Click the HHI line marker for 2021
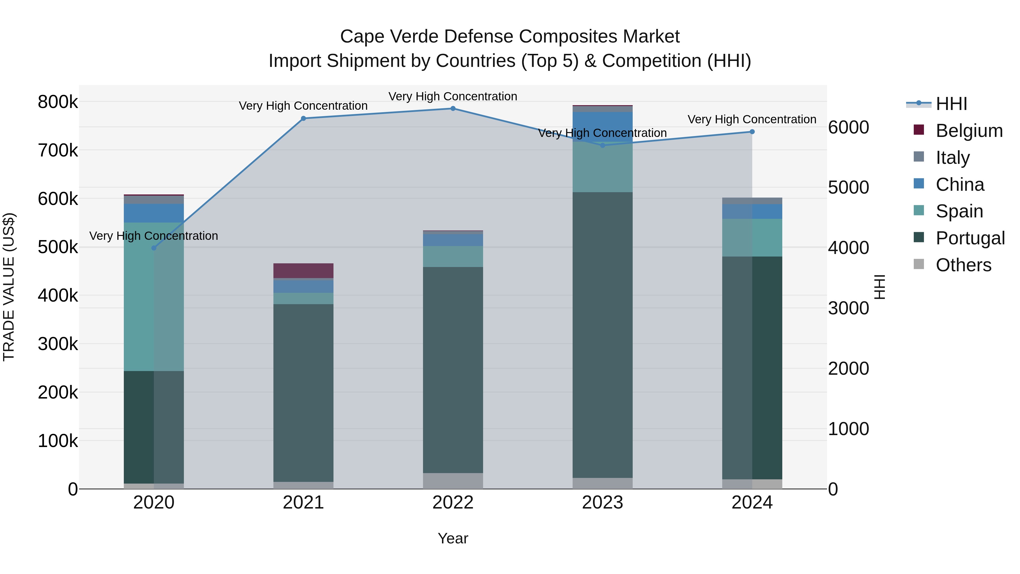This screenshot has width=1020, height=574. [x=303, y=118]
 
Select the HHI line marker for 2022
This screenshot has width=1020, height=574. [x=453, y=109]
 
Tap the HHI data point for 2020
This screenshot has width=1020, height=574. [x=154, y=248]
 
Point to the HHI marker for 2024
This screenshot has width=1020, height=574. [x=752, y=132]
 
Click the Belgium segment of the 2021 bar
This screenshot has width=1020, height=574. [x=303, y=271]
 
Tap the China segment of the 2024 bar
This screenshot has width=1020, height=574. [x=752, y=211]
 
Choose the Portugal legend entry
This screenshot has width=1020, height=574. [x=970, y=238]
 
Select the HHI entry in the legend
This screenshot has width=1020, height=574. [x=951, y=104]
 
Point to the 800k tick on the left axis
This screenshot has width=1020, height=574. [x=58, y=102]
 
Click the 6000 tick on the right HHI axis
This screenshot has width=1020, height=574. [x=848, y=128]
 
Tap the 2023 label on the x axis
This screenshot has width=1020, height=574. [x=602, y=503]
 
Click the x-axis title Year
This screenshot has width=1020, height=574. [x=453, y=538]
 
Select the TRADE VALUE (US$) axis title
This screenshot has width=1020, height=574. [x=9, y=287]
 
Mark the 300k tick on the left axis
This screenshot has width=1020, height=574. [x=58, y=344]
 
